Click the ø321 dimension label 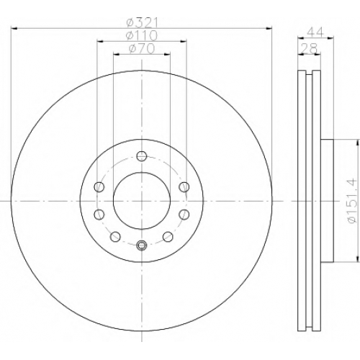[x=143, y=23]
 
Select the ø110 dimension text [x=142, y=36]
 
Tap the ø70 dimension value [x=142, y=49]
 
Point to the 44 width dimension [x=315, y=32]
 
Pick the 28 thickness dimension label [x=310, y=48]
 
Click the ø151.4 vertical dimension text [x=353, y=201]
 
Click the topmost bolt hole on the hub [x=142, y=156]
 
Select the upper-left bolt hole [x=99, y=186]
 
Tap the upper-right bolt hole [x=184, y=186]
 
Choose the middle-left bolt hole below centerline [x=99, y=215]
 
